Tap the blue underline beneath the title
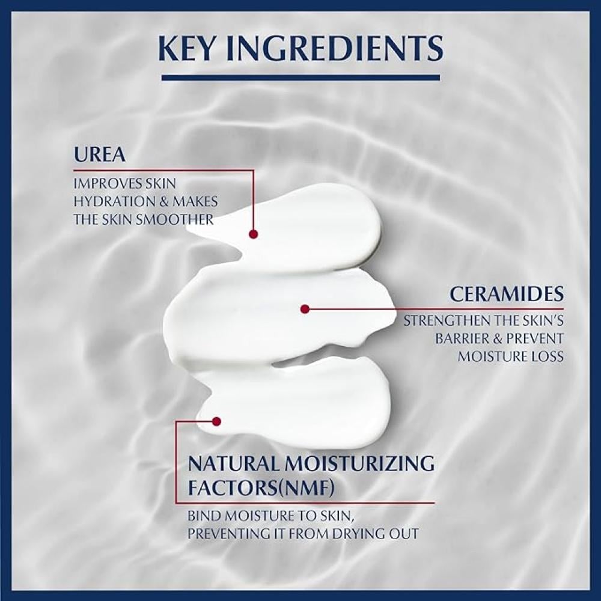pyautogui.click(x=300, y=77)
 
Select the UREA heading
pyautogui.click(x=100, y=155)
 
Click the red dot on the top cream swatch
pyautogui.click(x=253, y=234)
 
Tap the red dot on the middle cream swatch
pyautogui.click(x=305, y=309)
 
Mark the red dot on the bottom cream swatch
pyautogui.click(x=217, y=421)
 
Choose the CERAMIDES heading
pyautogui.click(x=507, y=294)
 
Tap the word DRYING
pyautogui.click(x=365, y=534)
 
